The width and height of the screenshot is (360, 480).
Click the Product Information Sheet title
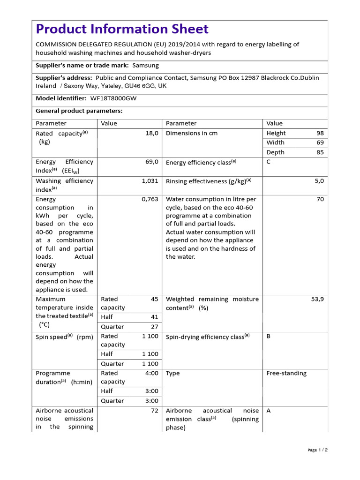(122, 29)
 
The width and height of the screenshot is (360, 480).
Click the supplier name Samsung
(145, 65)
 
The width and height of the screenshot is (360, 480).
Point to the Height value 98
(320, 133)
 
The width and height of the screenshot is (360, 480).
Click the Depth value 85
(320, 152)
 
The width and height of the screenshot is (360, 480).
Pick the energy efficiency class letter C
(269, 162)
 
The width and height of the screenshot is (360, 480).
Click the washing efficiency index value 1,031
(150, 180)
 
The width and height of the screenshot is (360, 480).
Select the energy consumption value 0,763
(150, 199)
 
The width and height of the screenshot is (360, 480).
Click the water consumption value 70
(320, 199)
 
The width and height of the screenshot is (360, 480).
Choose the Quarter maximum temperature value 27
(154, 327)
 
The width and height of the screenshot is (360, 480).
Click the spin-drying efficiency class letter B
(269, 336)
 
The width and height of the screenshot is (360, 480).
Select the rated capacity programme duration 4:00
(152, 373)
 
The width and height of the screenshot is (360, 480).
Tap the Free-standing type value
(286, 373)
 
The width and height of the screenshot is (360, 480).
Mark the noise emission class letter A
(269, 411)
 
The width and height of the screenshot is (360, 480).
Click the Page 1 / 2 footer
(317, 450)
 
